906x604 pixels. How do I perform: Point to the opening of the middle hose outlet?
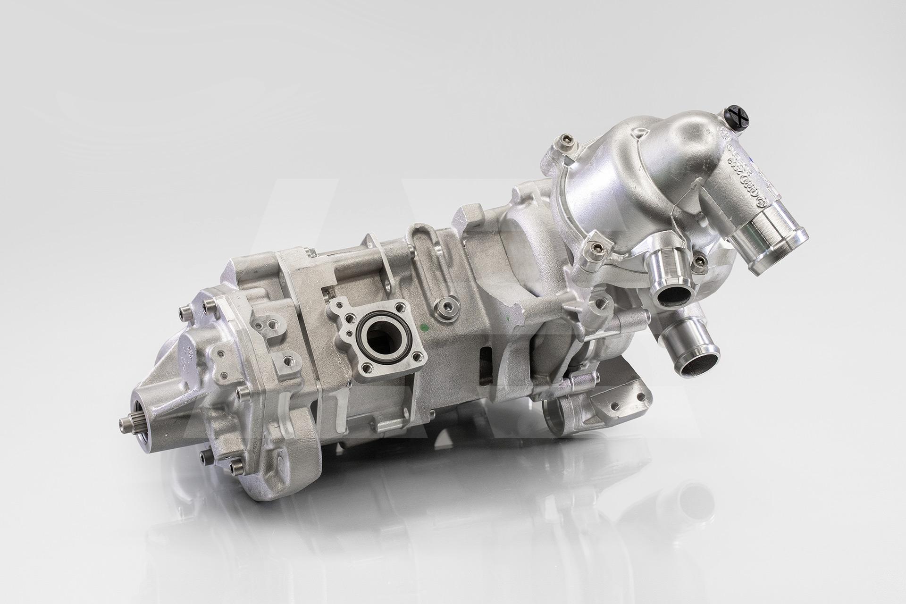coord(672,297)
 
